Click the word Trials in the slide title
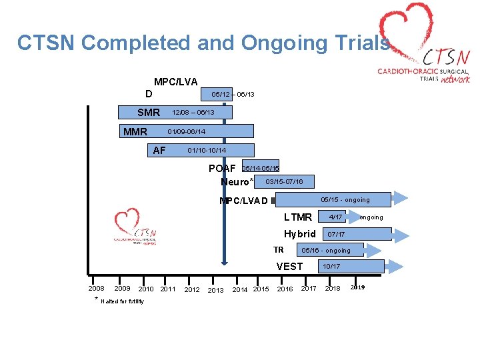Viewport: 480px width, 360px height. [x=364, y=43]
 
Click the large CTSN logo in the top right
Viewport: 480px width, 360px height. [x=423, y=50]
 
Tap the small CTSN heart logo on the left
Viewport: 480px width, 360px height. [x=135, y=227]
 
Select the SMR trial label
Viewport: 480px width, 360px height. [x=149, y=113]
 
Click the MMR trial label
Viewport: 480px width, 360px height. [x=135, y=131]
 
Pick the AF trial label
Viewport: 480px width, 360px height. [x=159, y=150]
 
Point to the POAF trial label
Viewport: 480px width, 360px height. [x=222, y=168]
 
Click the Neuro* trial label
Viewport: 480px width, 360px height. [x=237, y=182]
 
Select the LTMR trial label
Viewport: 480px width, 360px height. [x=297, y=217]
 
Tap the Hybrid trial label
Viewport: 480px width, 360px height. [x=300, y=234]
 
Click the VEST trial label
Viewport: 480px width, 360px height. [x=289, y=267]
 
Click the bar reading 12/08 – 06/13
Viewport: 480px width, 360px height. [x=193, y=112]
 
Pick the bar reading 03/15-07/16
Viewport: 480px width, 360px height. [x=284, y=181]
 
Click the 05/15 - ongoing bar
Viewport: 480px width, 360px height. [x=333, y=199]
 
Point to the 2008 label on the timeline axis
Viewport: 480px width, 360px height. [x=96, y=289]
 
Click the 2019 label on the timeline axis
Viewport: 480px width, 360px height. [x=357, y=287]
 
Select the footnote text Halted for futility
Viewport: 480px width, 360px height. [x=122, y=301]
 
